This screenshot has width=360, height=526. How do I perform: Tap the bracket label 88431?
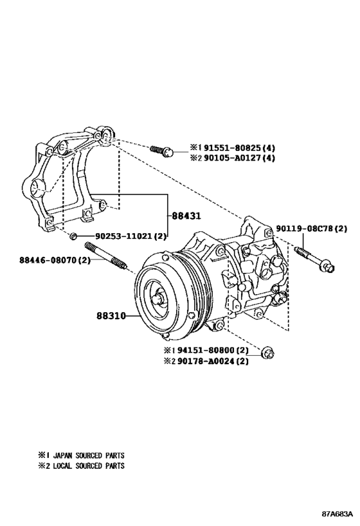(x=186, y=216)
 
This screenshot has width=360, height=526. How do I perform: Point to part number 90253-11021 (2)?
(x=131, y=236)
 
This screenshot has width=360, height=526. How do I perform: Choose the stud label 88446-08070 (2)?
(x=55, y=259)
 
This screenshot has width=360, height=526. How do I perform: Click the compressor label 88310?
(x=111, y=316)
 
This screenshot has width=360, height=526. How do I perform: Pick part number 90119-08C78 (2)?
(x=312, y=229)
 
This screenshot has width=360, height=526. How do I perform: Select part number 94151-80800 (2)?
(x=213, y=351)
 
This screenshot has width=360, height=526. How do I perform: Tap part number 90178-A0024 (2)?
(x=213, y=362)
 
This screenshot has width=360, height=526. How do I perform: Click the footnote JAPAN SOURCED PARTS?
(x=89, y=455)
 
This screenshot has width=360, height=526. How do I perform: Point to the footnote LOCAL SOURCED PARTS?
(x=89, y=466)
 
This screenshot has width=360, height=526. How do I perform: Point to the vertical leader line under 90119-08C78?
(x=303, y=241)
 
